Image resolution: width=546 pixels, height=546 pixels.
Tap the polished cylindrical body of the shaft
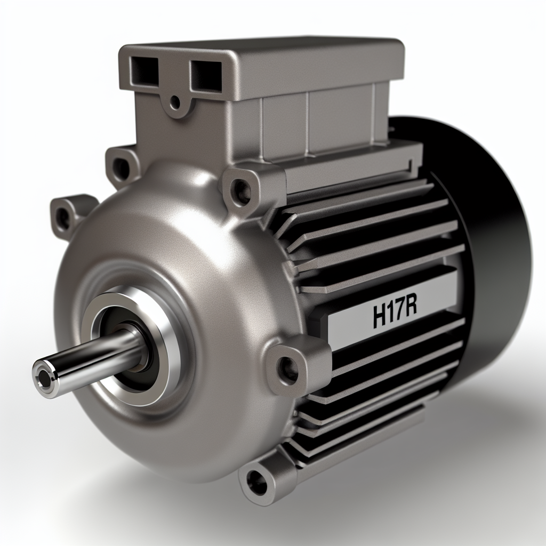91,357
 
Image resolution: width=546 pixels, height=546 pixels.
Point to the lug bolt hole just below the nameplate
288,368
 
